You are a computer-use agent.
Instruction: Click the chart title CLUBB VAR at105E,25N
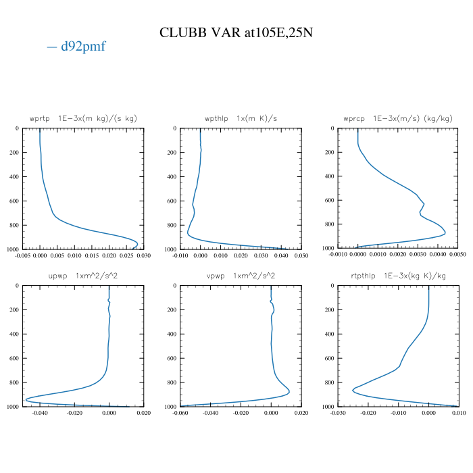click(236, 32)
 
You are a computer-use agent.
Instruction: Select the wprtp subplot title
click(83, 118)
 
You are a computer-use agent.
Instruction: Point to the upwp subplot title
click(83, 276)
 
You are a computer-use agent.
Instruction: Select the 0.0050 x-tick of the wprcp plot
click(457, 256)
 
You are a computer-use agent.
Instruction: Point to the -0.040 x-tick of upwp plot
click(41, 413)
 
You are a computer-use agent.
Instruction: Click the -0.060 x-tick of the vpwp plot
click(180, 413)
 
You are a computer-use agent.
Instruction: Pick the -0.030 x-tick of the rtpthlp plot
click(338, 413)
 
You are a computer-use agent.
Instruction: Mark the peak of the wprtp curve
click(138, 243)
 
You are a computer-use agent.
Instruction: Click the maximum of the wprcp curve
click(445, 234)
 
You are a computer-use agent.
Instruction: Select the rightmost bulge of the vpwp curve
click(289, 391)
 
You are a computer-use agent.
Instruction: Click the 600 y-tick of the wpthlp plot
click(172, 201)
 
